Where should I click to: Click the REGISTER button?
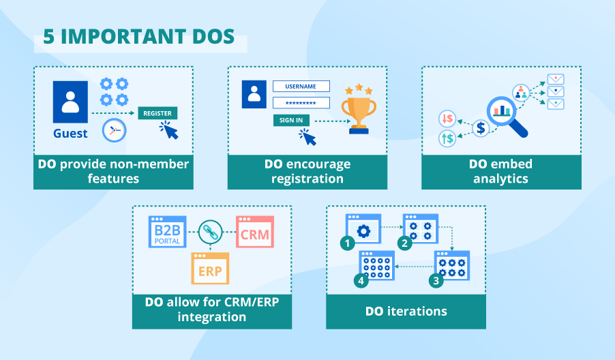(x=157, y=113)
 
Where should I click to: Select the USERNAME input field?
(x=301, y=87)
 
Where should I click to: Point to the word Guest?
(x=70, y=134)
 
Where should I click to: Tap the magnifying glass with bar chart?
(x=505, y=113)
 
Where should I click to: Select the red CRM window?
(x=254, y=232)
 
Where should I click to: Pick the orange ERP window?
(x=211, y=268)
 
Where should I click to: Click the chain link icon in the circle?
(x=211, y=232)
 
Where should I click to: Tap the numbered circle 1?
(x=348, y=242)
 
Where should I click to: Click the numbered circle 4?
(x=361, y=280)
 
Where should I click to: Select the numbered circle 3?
(x=434, y=280)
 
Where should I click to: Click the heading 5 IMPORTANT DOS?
(x=140, y=37)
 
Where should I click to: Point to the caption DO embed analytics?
(x=501, y=171)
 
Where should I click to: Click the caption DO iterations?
(x=406, y=312)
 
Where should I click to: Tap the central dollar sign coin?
(x=481, y=127)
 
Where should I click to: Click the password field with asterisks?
(x=301, y=103)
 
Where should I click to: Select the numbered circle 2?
(x=405, y=243)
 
